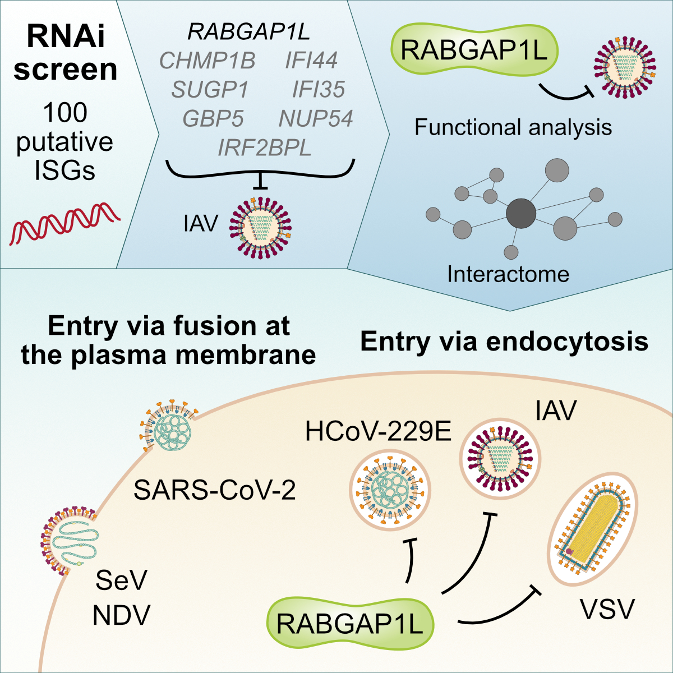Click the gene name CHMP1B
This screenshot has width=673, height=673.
pyautogui.click(x=207, y=61)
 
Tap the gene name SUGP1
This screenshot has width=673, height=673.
pyautogui.click(x=209, y=90)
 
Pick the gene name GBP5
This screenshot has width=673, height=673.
pyautogui.click(x=213, y=119)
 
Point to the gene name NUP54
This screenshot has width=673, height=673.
pyautogui.click(x=315, y=119)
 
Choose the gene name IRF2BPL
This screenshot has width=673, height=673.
pyautogui.click(x=264, y=148)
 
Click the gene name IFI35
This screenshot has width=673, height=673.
pyautogui.click(x=318, y=90)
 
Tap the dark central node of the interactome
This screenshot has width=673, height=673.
pyautogui.click(x=521, y=214)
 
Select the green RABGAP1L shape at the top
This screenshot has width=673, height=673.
pyautogui.click(x=474, y=51)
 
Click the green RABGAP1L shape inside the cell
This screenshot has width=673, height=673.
pyautogui.click(x=350, y=624)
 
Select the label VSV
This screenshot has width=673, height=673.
pyautogui.click(x=607, y=609)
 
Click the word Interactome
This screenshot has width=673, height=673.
pyautogui.click(x=508, y=274)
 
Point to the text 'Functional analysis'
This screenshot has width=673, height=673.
pyautogui.click(x=513, y=127)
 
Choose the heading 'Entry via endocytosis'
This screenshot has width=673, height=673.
pyautogui.click(x=504, y=341)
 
